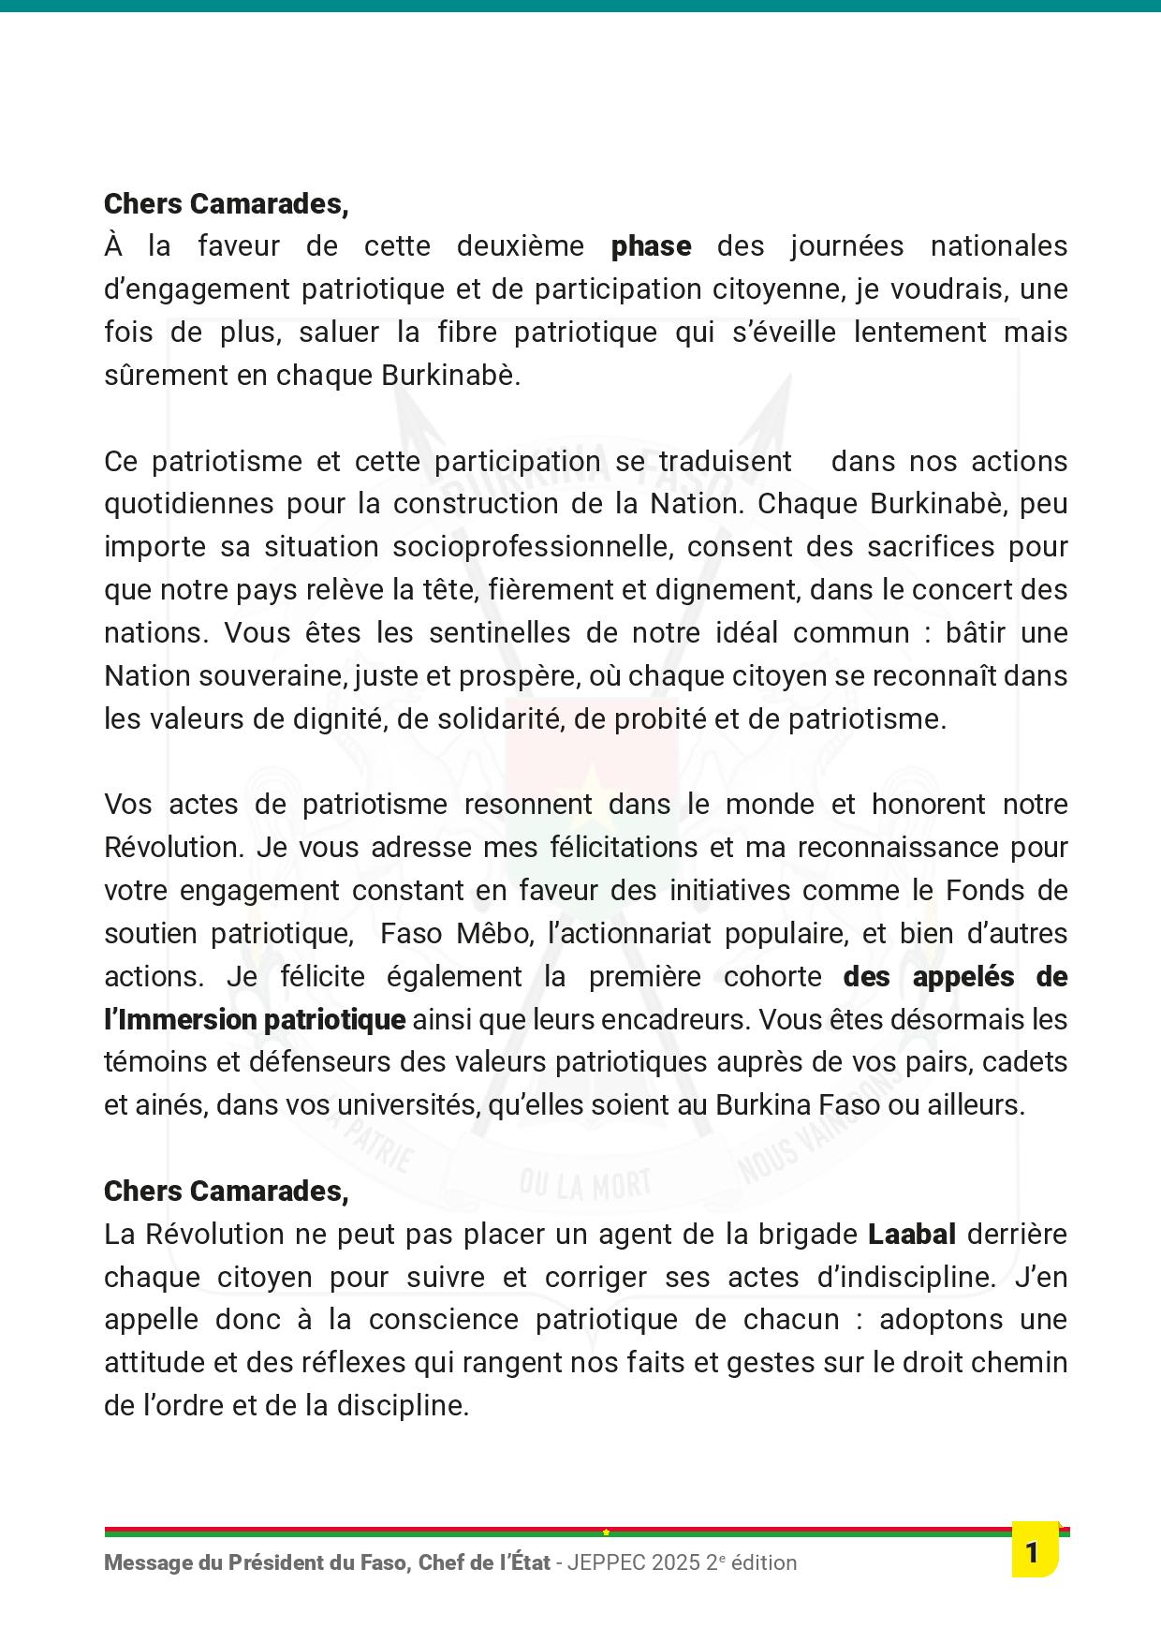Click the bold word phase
click(651, 246)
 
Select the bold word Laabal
click(912, 1235)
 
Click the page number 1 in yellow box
click(1033, 1553)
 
